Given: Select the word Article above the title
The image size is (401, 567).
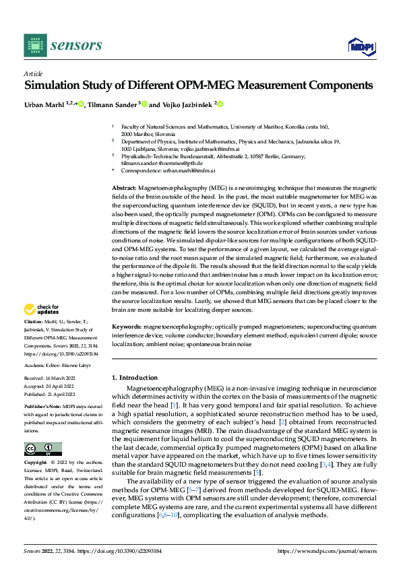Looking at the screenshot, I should (32, 74).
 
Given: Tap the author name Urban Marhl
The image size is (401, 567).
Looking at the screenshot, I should (44, 104).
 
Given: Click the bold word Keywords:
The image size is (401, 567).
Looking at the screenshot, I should (126, 325).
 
